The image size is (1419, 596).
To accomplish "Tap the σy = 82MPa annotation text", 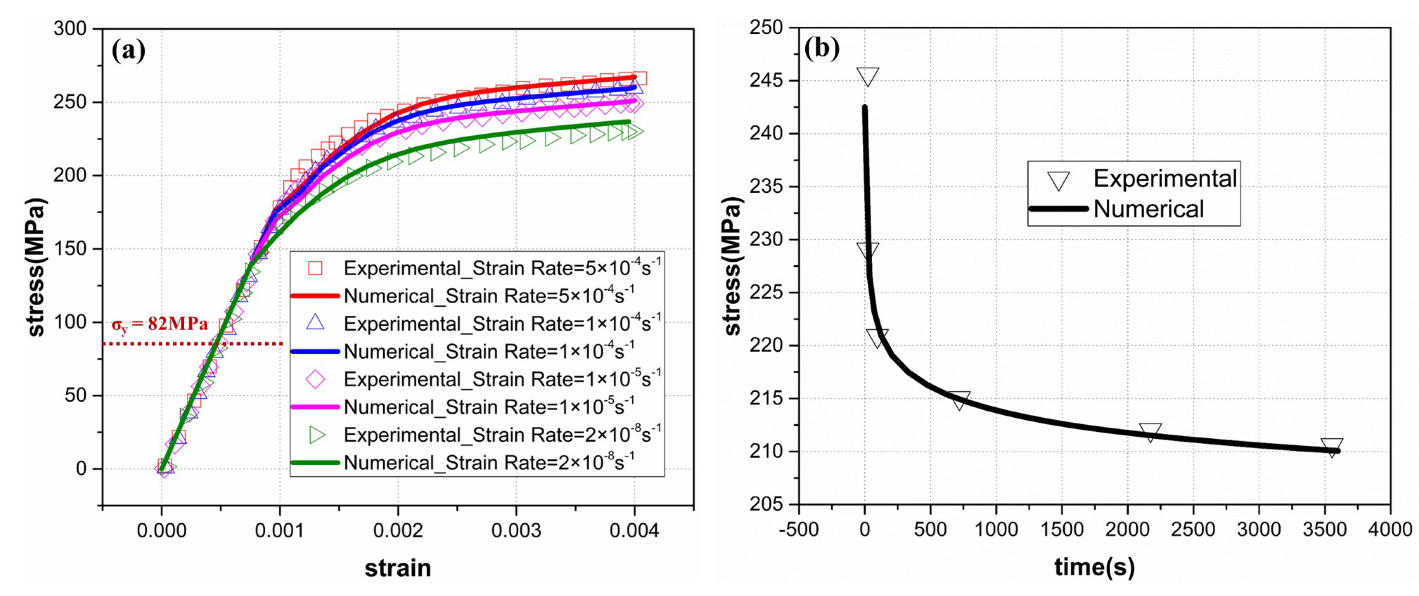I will (x=160, y=324).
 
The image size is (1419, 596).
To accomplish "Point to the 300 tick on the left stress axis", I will (x=70, y=29).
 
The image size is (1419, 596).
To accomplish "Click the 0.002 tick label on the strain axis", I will (x=398, y=530).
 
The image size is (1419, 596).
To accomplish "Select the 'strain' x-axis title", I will (x=398, y=568).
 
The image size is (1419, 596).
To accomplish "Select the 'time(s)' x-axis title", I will (x=1094, y=567).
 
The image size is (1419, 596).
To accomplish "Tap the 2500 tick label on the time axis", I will (x=1193, y=530).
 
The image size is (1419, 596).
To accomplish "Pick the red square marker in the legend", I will (x=315, y=268).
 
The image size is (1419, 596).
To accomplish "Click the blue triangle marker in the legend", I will (x=315, y=323).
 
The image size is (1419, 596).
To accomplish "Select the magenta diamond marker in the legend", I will (x=315, y=379).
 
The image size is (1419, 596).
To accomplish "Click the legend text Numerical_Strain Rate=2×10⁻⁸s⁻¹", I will (x=489, y=463).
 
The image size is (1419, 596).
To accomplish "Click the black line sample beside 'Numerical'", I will (x=1058, y=209).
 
